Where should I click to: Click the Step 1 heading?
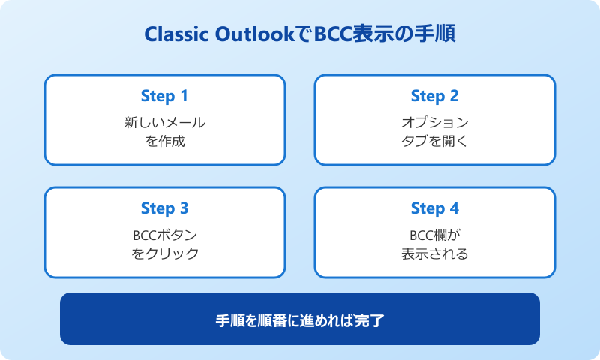(x=164, y=96)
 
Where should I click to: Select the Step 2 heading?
(x=434, y=96)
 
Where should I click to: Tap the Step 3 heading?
(x=164, y=208)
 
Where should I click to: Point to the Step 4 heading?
(x=434, y=208)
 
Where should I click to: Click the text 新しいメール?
(x=164, y=122)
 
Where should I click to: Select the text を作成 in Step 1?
(x=164, y=140)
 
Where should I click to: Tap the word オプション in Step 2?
(x=434, y=122)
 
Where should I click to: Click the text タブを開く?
(x=434, y=140)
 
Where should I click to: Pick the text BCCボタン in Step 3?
(x=164, y=235)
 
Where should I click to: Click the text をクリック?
(x=164, y=253)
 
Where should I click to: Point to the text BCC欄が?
(x=434, y=235)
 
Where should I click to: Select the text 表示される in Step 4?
(x=434, y=253)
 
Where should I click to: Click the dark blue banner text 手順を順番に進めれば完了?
(x=300, y=320)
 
